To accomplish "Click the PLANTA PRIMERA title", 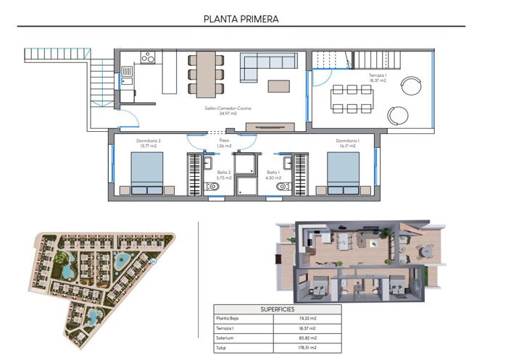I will [x=241, y=18].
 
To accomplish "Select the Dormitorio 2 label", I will [x=148, y=143].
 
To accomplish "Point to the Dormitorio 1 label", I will [x=348, y=143].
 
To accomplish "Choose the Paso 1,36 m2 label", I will [x=223, y=143].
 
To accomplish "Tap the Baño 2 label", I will [x=223, y=175].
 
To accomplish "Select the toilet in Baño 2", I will [x=213, y=187].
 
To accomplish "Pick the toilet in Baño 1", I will [x=281, y=187].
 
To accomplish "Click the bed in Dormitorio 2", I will [x=146, y=175].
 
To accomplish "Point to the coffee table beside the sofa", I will [x=279, y=85].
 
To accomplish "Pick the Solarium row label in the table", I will [x=225, y=337].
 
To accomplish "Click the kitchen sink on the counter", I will [x=127, y=71].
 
